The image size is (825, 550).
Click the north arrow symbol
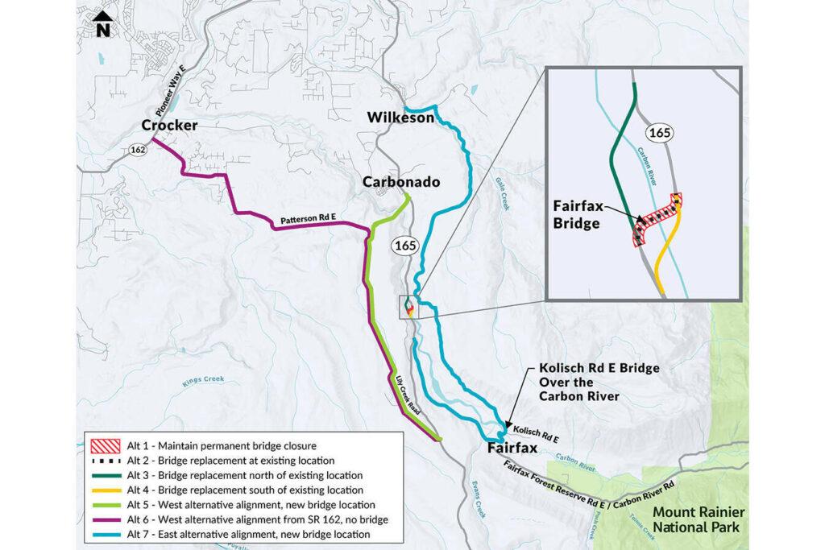[x=102, y=25]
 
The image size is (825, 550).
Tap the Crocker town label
[x=169, y=126]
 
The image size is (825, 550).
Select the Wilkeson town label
[x=400, y=118]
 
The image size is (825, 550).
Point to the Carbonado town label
[x=401, y=182]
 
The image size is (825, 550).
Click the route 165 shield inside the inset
[x=658, y=134]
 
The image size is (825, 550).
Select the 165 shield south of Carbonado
[x=403, y=244]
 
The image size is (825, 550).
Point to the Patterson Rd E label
[x=307, y=220]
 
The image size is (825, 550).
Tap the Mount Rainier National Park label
[x=698, y=519]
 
